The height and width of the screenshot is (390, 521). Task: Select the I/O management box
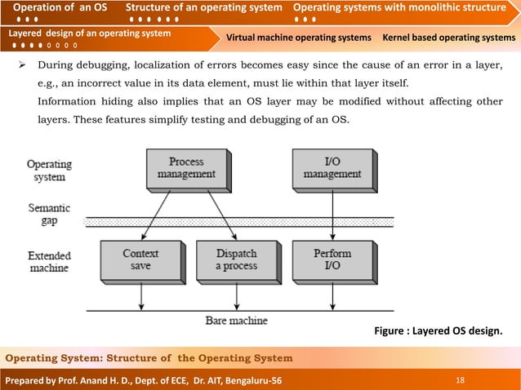(x=332, y=167)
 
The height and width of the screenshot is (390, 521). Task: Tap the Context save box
(x=140, y=259)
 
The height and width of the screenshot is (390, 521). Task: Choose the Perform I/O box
(x=332, y=259)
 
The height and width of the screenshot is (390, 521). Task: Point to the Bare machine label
(x=236, y=321)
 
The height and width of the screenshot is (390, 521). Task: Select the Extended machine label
(x=49, y=261)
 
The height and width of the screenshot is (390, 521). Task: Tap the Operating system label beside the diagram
(x=49, y=170)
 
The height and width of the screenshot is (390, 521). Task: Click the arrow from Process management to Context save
(x=161, y=214)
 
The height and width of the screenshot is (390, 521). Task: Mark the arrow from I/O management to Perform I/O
(x=332, y=214)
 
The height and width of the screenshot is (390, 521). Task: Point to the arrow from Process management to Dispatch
(x=214, y=214)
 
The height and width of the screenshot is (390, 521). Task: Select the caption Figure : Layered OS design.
(x=437, y=331)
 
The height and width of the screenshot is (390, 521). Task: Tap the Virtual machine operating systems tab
(x=298, y=38)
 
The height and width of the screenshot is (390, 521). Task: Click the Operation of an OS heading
(x=60, y=8)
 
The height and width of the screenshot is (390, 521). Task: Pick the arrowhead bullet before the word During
(x=24, y=66)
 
